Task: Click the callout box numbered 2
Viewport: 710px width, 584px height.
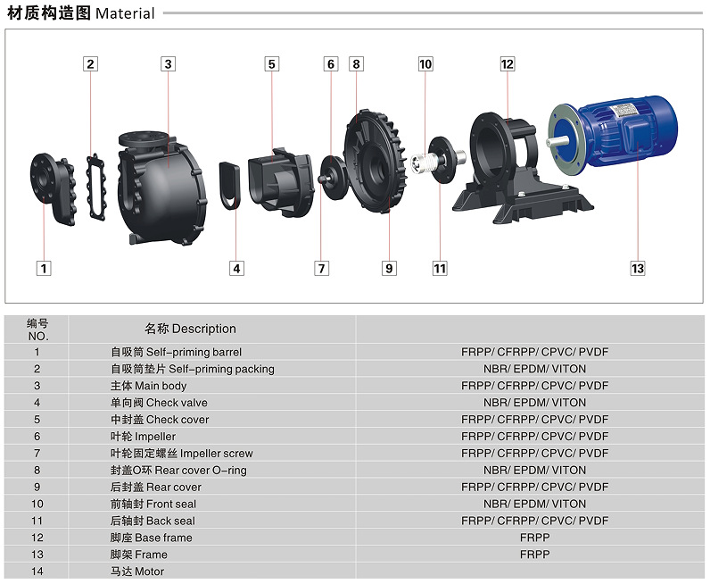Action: [91, 63]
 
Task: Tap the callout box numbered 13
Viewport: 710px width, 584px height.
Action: [637, 268]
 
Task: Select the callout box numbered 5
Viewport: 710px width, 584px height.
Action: [272, 63]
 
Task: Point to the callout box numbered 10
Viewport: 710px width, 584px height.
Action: [425, 63]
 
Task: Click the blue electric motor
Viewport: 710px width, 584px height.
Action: [624, 134]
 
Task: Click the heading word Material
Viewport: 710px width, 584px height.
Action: [125, 13]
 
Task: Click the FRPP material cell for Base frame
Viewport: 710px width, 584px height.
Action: [534, 538]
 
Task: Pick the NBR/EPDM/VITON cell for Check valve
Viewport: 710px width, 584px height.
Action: [534, 403]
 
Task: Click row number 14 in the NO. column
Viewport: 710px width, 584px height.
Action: [37, 571]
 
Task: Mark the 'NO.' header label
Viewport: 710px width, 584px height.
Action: [37, 337]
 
